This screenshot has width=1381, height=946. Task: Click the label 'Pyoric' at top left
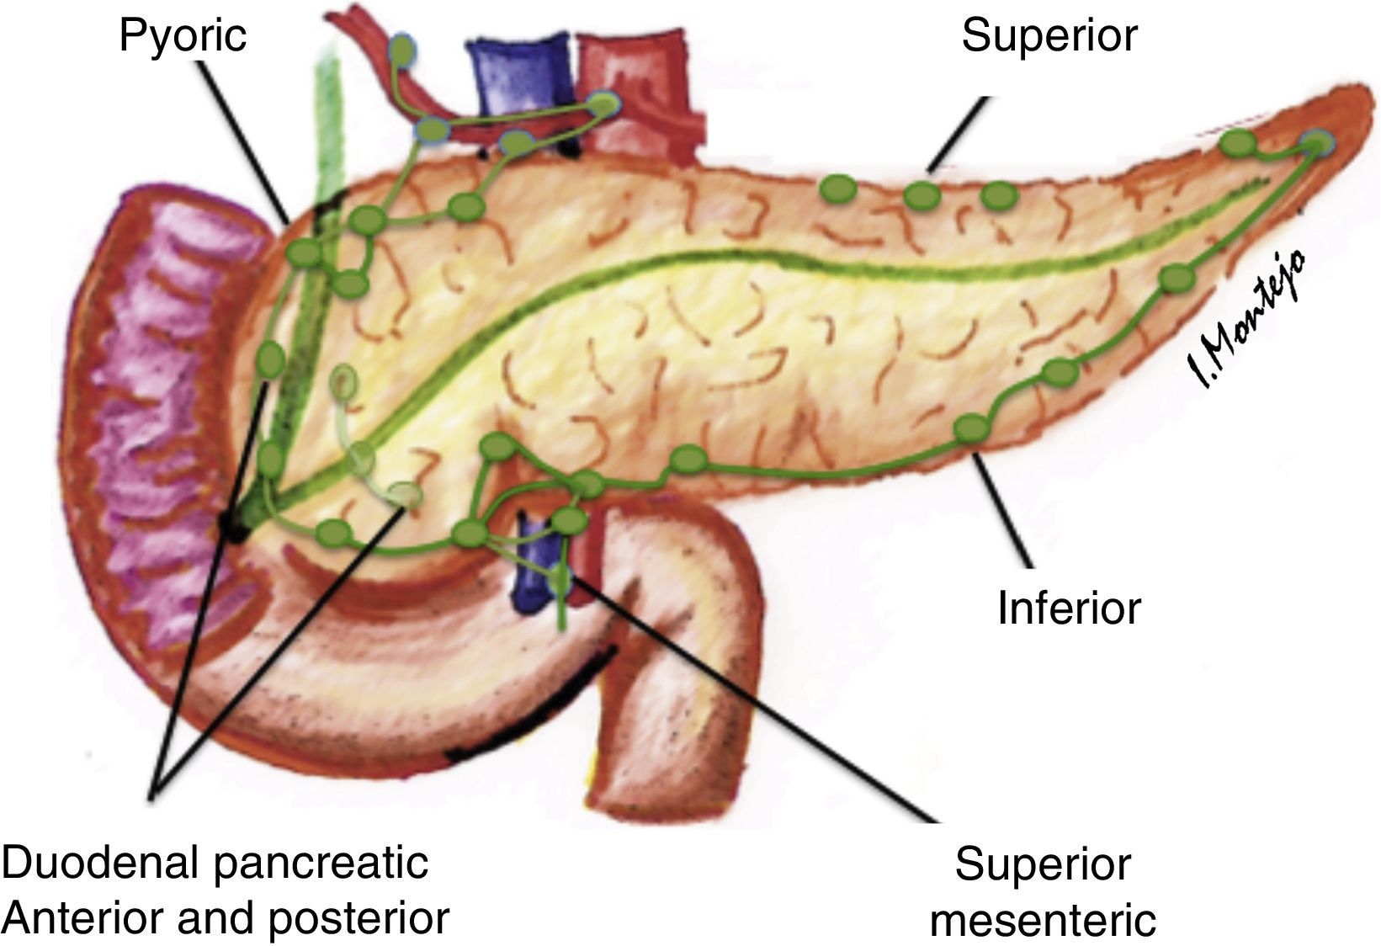(183, 37)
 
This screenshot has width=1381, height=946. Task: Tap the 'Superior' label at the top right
(1049, 35)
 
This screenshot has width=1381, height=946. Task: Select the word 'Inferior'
(1068, 608)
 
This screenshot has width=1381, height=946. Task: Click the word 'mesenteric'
(1043, 919)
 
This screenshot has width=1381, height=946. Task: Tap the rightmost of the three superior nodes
(998, 195)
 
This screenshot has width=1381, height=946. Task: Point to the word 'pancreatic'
(324, 864)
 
